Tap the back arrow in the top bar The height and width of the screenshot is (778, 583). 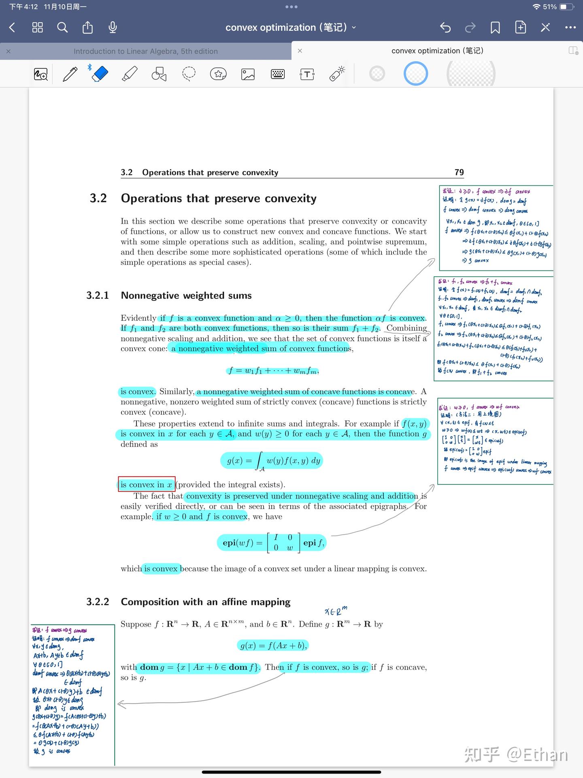click(x=12, y=28)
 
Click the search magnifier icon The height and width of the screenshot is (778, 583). click(x=62, y=28)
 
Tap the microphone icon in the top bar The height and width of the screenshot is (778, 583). click(x=113, y=28)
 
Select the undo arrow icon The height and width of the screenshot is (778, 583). click(x=445, y=28)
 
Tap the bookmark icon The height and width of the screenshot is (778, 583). click(x=495, y=28)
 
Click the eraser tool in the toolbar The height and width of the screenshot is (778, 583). click(x=100, y=74)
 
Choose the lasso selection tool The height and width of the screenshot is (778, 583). click(x=189, y=74)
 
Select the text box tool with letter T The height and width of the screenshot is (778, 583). click(x=307, y=74)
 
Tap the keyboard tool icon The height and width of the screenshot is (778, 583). click(x=278, y=74)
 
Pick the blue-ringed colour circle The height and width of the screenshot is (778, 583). click(x=416, y=74)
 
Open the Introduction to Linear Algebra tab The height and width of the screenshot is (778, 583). click(x=145, y=51)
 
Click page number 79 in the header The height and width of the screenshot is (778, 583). click(x=459, y=172)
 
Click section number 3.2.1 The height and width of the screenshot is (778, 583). click(x=98, y=295)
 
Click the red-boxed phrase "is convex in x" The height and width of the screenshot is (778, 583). click(x=147, y=484)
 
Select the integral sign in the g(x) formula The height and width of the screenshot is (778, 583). click(x=260, y=461)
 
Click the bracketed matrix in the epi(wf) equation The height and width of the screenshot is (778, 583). click(x=283, y=543)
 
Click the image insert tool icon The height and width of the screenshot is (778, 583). click(x=248, y=74)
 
